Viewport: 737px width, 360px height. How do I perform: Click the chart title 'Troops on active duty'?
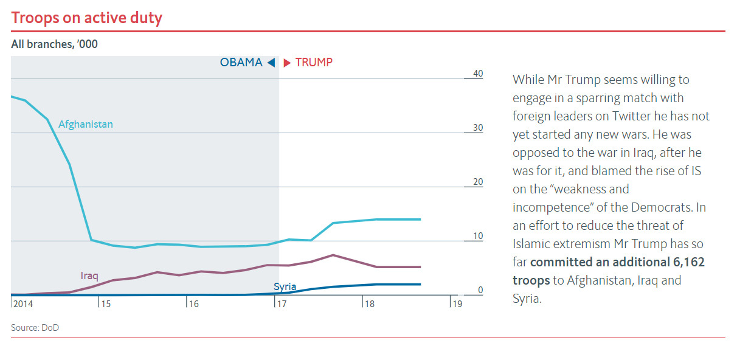click(x=86, y=18)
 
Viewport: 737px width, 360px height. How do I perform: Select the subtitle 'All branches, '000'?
click(x=54, y=44)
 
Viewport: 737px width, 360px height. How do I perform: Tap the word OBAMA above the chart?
click(x=241, y=63)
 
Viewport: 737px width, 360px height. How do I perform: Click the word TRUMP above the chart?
click(x=314, y=63)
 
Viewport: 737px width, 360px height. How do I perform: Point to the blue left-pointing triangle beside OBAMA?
click(x=271, y=63)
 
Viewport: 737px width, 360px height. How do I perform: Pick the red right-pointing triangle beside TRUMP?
click(x=287, y=63)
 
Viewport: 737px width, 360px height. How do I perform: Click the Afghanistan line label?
click(x=86, y=124)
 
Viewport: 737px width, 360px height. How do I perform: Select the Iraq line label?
click(x=89, y=275)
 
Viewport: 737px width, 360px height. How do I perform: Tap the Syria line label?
click(x=285, y=286)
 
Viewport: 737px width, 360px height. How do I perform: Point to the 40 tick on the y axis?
click(x=477, y=74)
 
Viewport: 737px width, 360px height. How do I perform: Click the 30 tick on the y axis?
click(x=477, y=128)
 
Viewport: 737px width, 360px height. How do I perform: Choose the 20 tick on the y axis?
click(x=477, y=182)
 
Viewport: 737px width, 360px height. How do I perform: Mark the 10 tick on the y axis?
click(x=477, y=237)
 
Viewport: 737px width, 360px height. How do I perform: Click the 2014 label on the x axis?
click(x=22, y=303)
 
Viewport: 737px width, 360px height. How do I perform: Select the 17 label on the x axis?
click(x=282, y=303)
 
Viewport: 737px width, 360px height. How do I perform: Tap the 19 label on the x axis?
click(x=457, y=303)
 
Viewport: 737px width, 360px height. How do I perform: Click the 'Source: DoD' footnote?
click(x=35, y=328)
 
